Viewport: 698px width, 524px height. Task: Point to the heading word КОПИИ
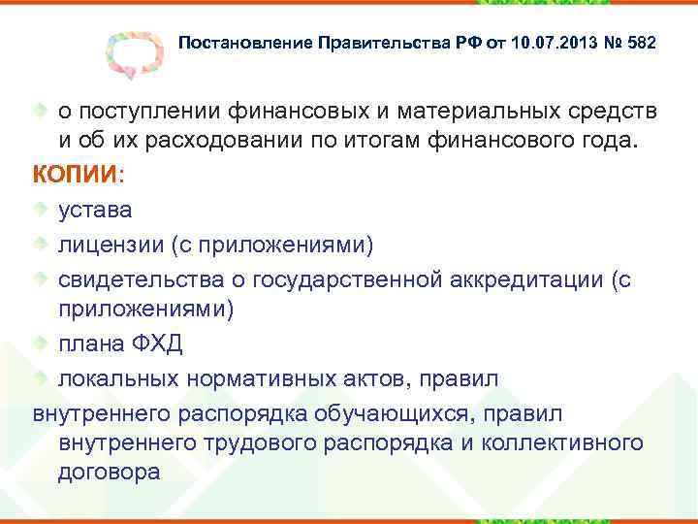pos(76,175)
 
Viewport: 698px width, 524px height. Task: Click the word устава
pos(95,209)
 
